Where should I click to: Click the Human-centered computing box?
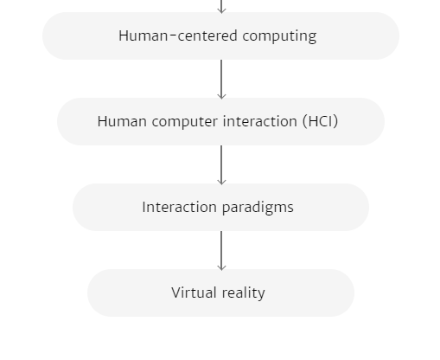point(220,35)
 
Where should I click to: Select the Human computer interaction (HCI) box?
point(220,121)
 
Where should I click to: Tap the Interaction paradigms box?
point(220,207)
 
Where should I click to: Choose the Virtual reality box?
point(220,292)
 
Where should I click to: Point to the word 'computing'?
point(279,36)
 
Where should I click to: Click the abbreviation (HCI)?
point(320,121)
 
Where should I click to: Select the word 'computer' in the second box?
point(185,122)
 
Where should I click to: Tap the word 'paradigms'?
point(258,208)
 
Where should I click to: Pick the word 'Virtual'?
point(194,292)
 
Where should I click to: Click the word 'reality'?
point(243,293)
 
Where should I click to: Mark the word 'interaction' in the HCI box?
point(260,121)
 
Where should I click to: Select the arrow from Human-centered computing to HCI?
point(221,80)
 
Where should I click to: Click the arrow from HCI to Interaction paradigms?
point(221,165)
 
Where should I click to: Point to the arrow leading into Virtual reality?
point(221,251)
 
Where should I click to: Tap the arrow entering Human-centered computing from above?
point(221,7)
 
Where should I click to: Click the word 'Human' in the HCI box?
point(122,121)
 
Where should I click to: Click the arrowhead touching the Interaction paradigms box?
point(221,182)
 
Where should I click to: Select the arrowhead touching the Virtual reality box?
point(221,267)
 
